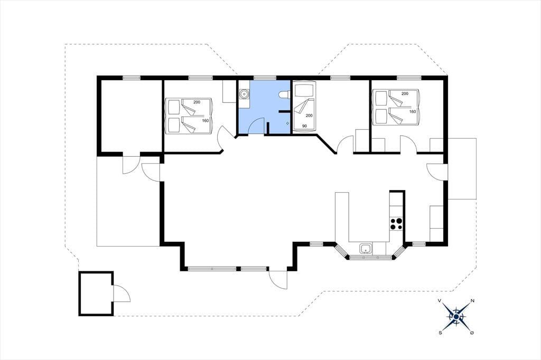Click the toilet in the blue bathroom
[284, 94]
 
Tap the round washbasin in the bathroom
[244, 93]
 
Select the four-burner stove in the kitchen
[396, 224]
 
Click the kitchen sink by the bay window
[366, 248]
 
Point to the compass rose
[456, 317]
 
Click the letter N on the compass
[472, 301]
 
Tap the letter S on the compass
[440, 333]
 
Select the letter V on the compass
[440, 301]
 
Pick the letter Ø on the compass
[472, 333]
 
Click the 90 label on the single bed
[304, 126]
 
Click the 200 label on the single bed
[309, 116]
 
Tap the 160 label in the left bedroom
[206, 120]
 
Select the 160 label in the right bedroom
[413, 111]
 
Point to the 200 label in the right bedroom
[405, 93]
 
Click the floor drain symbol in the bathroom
[287, 123]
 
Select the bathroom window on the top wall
[265, 78]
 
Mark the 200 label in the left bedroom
[197, 102]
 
